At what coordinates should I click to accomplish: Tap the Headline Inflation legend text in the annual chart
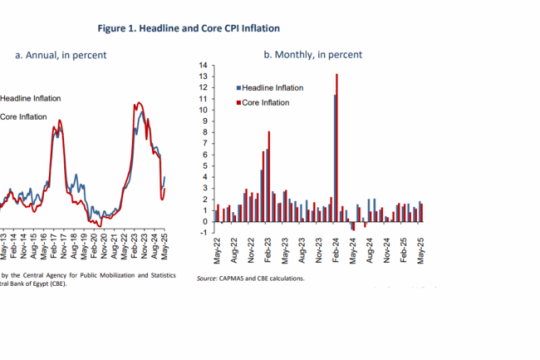[x=31, y=98]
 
